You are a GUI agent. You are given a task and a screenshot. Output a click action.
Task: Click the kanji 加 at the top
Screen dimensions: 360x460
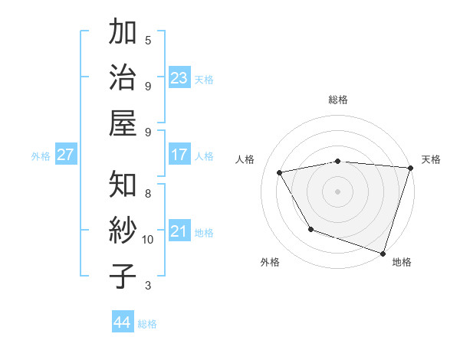pos(123,33)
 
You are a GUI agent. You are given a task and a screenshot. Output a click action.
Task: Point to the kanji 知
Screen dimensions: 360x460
pos(123,185)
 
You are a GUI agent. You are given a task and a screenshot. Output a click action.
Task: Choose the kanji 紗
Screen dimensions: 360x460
pos(123,230)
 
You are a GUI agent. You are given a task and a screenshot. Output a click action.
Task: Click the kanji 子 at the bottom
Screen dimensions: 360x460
pos(123,277)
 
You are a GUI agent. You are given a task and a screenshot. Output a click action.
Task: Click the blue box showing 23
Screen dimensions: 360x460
pos(179,78)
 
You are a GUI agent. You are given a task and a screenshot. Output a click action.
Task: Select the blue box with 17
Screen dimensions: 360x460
pos(179,155)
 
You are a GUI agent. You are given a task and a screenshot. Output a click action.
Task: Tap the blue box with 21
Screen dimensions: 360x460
pos(179,231)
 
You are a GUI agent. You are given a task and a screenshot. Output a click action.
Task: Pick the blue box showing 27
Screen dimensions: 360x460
pos(65,155)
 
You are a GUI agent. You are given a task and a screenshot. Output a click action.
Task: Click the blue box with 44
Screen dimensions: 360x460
pos(122,322)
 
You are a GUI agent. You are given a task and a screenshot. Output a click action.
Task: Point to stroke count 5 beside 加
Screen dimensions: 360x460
pos(148,40)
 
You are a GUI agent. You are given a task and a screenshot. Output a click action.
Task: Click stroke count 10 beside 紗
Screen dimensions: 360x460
pos(148,240)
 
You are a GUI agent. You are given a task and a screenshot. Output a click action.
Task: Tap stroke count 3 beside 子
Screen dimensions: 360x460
pos(148,286)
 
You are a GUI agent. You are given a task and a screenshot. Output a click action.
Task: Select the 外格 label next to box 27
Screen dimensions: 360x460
pos(41,156)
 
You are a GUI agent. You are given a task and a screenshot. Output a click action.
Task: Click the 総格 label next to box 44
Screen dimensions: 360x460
pos(147,324)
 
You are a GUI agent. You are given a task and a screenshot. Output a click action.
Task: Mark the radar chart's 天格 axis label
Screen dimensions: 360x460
pos(431,159)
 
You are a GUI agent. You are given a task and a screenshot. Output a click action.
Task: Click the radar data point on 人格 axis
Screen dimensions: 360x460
pos(280,173)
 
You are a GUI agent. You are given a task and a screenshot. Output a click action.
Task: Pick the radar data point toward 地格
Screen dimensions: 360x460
pos(383,253)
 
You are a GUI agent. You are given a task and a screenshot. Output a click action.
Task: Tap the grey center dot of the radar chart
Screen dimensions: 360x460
pos(337,191)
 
